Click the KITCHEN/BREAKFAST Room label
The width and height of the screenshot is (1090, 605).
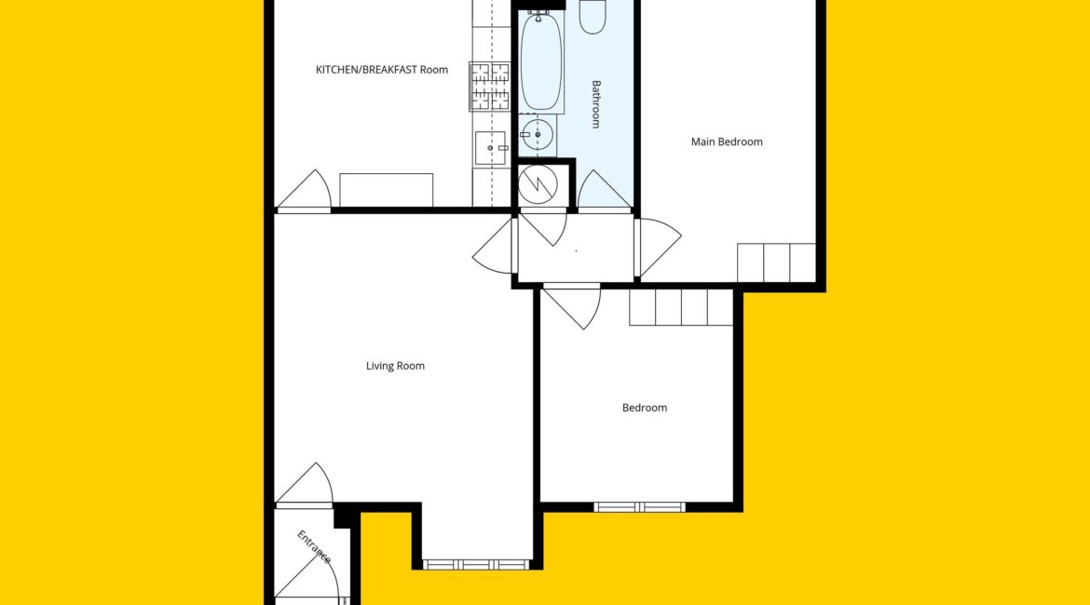point(382,70)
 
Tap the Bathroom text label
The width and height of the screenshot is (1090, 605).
point(595,104)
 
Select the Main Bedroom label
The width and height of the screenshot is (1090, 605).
point(727,141)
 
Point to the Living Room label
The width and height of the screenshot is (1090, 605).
point(395,366)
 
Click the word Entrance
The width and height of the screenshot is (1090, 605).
point(314,546)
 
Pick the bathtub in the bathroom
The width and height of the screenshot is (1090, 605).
point(541,61)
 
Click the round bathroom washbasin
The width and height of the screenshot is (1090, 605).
point(538,135)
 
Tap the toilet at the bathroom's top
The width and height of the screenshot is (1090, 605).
point(593,17)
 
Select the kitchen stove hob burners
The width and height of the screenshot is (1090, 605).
point(490,87)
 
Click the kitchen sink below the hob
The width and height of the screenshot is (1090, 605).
point(491,148)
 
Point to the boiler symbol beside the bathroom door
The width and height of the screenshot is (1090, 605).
point(538,184)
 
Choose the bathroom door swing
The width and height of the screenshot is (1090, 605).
point(604,189)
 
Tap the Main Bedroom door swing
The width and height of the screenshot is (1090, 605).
point(659,248)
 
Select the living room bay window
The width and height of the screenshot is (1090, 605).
point(476,565)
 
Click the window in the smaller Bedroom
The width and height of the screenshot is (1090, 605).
point(639,507)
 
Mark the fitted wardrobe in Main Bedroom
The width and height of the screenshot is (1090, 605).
point(776,263)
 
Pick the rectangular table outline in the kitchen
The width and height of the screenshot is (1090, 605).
point(387,190)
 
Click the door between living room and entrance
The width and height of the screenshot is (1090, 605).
point(305,484)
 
